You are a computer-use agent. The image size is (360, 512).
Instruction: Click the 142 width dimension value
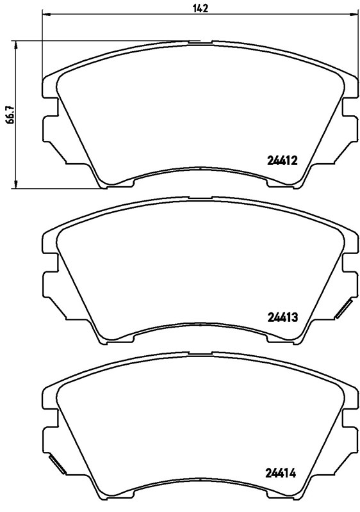click(x=200, y=8)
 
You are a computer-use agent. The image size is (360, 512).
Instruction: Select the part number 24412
click(x=282, y=162)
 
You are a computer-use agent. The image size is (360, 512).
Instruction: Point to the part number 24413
click(x=282, y=316)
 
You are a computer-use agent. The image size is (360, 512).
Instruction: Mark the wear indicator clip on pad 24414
click(x=55, y=467)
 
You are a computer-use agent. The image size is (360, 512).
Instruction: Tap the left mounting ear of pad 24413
click(x=48, y=282)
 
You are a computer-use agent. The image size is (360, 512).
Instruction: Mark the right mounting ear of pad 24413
click(x=350, y=282)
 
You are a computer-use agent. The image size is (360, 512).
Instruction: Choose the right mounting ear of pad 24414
click(x=350, y=440)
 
